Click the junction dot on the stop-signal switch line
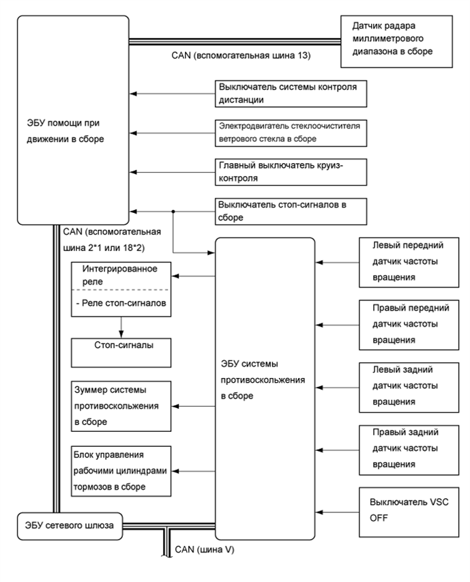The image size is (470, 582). point(175,210)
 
